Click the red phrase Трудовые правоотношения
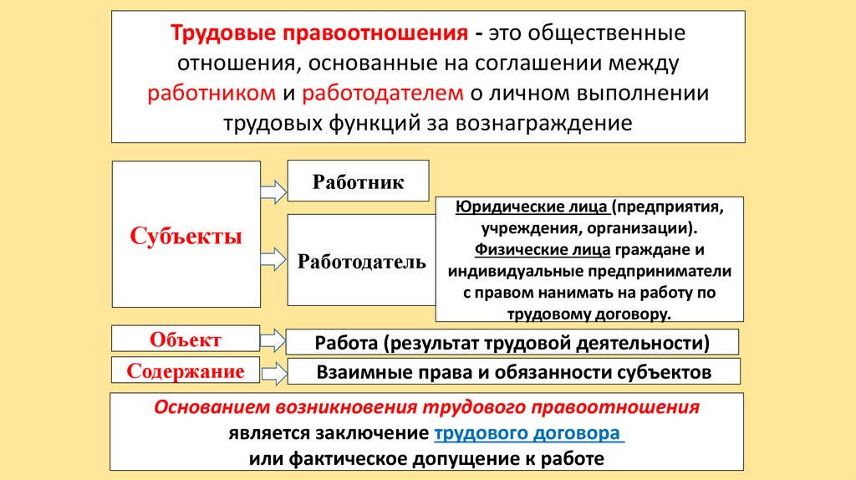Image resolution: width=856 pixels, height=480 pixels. click(318, 35)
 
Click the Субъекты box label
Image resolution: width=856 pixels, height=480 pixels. click(186, 237)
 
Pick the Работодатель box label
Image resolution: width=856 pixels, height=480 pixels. click(361, 262)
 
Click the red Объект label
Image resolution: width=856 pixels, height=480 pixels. click(186, 340)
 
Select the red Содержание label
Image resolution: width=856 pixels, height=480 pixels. click(186, 370)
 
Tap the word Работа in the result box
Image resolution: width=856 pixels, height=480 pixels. click(344, 343)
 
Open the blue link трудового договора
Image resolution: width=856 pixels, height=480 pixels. click(527, 434)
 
